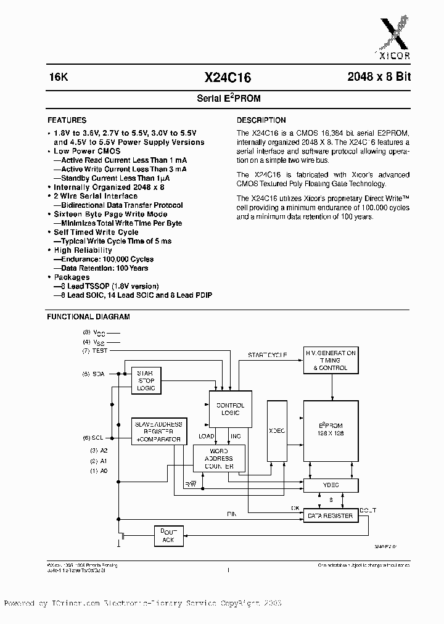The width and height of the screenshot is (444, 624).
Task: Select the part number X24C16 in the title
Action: pyautogui.click(x=227, y=77)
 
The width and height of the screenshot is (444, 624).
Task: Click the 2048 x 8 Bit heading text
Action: pyautogui.click(x=379, y=77)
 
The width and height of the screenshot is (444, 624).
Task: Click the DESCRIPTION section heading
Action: pyautogui.click(x=261, y=120)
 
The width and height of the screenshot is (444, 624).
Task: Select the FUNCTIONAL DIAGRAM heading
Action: pyautogui.click(x=89, y=317)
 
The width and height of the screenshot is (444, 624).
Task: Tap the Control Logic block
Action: pyautogui.click(x=231, y=410)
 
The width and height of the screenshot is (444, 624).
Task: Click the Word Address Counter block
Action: pyautogui.click(x=219, y=459)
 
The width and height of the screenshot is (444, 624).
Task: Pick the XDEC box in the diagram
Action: pyautogui.click(x=276, y=431)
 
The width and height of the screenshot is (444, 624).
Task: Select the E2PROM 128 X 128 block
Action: pyautogui.click(x=330, y=430)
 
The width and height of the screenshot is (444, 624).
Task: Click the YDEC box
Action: pyautogui.click(x=330, y=485)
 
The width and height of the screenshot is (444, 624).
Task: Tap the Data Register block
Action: pyautogui.click(x=330, y=515)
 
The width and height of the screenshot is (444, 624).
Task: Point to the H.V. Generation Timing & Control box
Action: pyautogui.click(x=331, y=360)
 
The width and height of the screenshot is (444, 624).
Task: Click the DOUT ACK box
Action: pyautogui.click(x=168, y=536)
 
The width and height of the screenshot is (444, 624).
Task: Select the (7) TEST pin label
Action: pyautogui.click(x=95, y=351)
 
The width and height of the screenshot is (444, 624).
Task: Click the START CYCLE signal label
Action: pyautogui.click(x=267, y=355)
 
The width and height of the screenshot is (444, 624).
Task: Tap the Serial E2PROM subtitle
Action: pyautogui.click(x=224, y=99)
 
